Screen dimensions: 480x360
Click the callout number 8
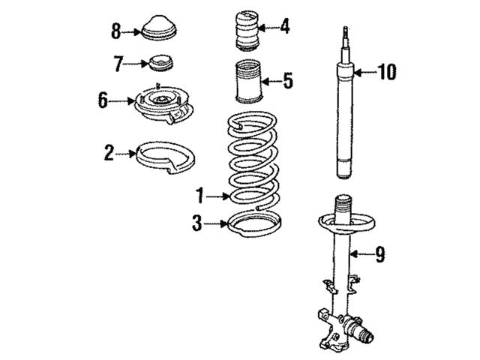115,31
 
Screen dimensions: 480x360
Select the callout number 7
118,64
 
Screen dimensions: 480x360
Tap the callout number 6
103,100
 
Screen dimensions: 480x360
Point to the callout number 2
109,153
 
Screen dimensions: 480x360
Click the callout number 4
285,26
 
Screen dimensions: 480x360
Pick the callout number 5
288,81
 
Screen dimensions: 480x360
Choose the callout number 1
200,196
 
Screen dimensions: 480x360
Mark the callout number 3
197,223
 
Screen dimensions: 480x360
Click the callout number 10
387,72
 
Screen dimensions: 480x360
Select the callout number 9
380,254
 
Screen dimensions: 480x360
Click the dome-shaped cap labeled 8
160,28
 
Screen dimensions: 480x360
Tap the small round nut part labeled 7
160,63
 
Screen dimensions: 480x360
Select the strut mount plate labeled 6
163,104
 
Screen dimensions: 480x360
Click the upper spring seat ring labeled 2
165,157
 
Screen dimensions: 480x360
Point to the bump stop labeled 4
247,31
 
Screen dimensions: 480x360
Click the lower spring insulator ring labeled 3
255,225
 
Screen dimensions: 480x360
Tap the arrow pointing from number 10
365,73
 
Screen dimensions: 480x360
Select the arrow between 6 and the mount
122,100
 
